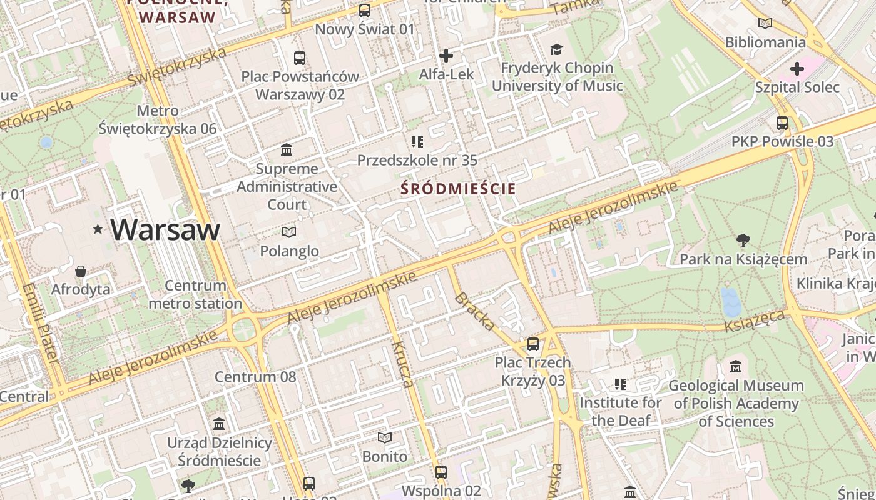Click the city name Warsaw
[165, 229]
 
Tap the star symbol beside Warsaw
[98, 229]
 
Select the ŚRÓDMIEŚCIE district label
[459, 189]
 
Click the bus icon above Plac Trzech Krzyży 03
[533, 344]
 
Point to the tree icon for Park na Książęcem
[743, 240]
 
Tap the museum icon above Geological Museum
[736, 367]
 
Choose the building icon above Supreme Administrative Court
[287, 150]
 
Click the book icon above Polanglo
[288, 232]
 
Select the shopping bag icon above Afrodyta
[81, 271]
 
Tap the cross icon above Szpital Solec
[797, 68]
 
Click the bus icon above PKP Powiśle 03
[782, 123]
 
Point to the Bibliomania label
[765, 42]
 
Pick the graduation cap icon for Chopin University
[556, 49]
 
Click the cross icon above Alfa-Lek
[446, 56]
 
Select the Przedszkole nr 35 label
[417, 161]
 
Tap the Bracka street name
[475, 311]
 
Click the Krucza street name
[402, 363]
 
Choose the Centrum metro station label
[195, 295]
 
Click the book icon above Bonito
[385, 437]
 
